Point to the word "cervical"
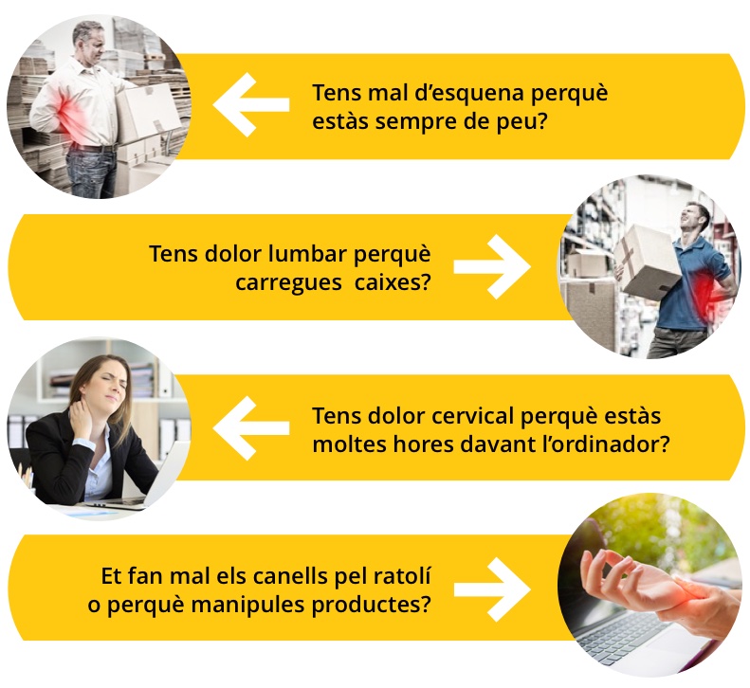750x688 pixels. (x=472, y=415)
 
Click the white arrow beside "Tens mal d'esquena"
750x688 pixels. (x=251, y=104)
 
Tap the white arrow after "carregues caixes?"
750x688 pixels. (x=492, y=267)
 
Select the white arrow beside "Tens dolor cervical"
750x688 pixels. (x=251, y=428)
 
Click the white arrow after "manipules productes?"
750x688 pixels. (x=492, y=589)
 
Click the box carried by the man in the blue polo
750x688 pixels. (x=647, y=262)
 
